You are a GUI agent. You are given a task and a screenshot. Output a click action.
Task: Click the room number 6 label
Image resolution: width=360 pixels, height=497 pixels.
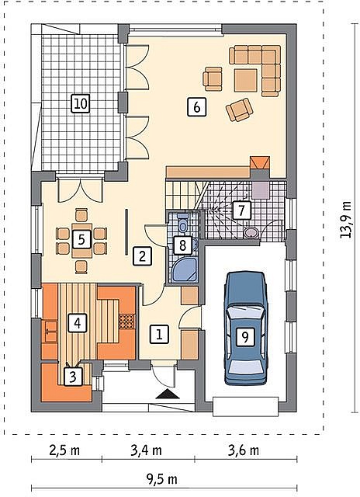pyautogui.click(x=196, y=107)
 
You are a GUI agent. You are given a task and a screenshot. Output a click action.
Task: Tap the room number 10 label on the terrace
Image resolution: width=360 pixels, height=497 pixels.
pyautogui.click(x=81, y=103)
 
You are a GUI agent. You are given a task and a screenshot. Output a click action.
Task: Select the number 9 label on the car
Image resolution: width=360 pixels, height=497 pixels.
pyautogui.click(x=245, y=337)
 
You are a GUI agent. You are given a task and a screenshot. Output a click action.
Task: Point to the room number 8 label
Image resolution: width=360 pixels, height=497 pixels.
pyautogui.click(x=182, y=245)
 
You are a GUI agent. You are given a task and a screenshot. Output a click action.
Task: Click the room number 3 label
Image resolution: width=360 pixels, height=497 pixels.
pyautogui.click(x=73, y=377)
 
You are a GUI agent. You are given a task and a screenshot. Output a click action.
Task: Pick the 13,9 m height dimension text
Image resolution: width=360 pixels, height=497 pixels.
pyautogui.click(x=346, y=219)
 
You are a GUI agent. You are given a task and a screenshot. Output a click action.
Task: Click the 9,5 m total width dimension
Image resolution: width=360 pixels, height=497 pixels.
pyautogui.click(x=161, y=480)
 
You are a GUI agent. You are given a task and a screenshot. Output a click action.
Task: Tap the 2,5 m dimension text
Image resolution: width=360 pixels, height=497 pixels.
pyautogui.click(x=64, y=450)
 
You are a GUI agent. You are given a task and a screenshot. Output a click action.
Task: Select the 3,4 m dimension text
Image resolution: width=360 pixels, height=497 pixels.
pyautogui.click(x=147, y=450)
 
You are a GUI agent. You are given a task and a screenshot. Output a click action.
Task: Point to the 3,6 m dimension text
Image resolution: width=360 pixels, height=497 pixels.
pyautogui.click(x=244, y=450)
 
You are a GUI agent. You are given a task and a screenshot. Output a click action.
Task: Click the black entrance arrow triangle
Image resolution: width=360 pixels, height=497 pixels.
pyautogui.click(x=168, y=394)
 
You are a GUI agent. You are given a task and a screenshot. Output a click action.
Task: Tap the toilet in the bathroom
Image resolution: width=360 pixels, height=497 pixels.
pyautogui.click(x=182, y=223)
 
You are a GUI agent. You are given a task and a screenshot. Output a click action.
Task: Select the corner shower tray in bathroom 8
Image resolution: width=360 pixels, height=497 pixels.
pyautogui.click(x=184, y=270)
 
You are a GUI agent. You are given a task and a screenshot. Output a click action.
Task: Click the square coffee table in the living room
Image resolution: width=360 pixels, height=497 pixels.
pyautogui.click(x=245, y=81)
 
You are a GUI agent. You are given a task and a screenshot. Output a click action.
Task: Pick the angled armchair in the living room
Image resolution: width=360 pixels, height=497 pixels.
pyautogui.click(x=240, y=109)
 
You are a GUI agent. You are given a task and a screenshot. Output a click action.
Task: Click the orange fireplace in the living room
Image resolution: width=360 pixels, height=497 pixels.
pyautogui.click(x=260, y=163)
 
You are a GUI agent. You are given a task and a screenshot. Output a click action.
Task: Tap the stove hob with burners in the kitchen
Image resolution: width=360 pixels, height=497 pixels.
pyautogui.click(x=126, y=321)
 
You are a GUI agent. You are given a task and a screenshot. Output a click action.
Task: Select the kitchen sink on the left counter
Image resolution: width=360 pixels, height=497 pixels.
pyautogui.click(x=50, y=332)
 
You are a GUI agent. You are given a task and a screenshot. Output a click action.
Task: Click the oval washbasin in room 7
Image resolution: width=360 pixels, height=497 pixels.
pyautogui.click(x=251, y=232)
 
